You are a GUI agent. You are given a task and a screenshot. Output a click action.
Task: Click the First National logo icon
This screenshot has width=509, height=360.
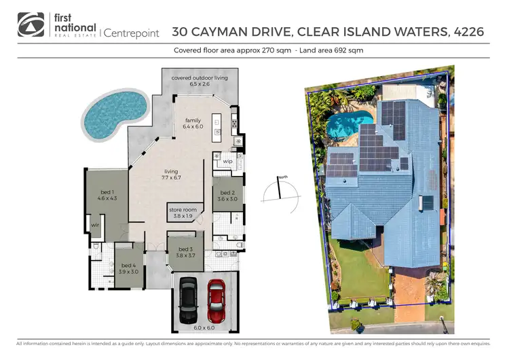click(31, 24)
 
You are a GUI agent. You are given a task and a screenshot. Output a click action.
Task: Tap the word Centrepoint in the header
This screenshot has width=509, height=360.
click(131, 32)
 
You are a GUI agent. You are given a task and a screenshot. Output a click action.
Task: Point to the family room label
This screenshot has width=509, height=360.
click(193, 124)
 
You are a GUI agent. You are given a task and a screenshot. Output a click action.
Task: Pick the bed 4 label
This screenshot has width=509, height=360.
click(129, 268)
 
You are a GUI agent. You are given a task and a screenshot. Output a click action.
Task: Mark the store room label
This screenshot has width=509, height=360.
click(183, 213)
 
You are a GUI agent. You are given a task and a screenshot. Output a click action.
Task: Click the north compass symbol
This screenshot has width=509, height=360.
click(278, 190)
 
